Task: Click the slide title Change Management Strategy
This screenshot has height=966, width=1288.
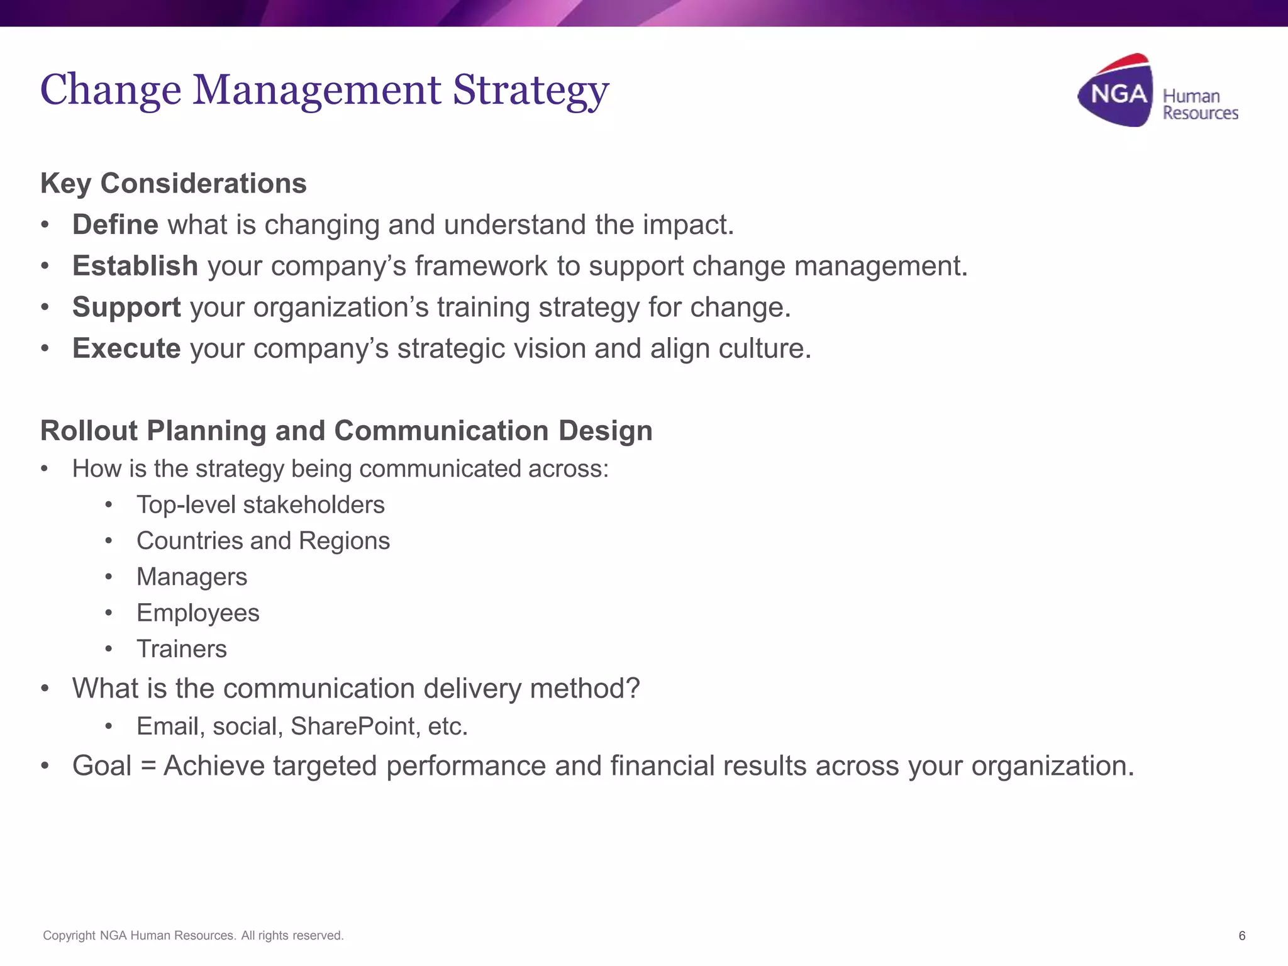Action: (x=325, y=90)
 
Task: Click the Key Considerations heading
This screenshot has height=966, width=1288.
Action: (x=174, y=184)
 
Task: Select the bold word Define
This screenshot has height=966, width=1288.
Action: (x=115, y=225)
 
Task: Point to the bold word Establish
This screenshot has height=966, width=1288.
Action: (x=135, y=266)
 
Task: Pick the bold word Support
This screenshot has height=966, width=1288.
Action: (x=126, y=308)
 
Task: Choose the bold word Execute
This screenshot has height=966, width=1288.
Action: (x=126, y=348)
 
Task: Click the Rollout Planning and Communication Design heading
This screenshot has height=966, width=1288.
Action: (x=346, y=431)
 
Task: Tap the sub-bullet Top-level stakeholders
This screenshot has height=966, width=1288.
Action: (x=260, y=505)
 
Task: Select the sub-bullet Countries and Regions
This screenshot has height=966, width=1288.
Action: (x=263, y=541)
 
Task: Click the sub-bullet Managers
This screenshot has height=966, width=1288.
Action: (x=192, y=577)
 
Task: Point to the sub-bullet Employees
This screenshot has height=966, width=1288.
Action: (x=197, y=613)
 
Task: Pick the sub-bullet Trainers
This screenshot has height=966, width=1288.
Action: (x=181, y=649)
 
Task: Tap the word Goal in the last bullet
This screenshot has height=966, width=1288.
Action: (x=102, y=766)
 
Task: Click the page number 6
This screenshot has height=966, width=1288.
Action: (x=1241, y=936)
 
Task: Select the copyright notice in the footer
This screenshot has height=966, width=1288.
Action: (x=193, y=936)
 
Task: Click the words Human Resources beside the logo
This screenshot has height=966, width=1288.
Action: (x=1199, y=105)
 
